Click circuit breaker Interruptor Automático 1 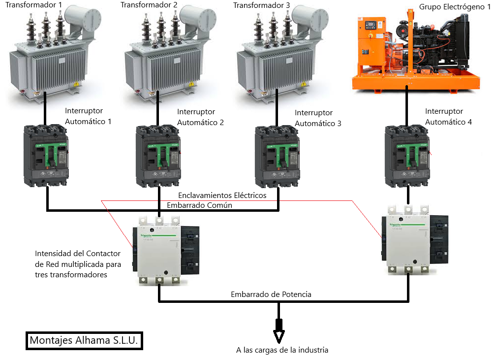(x=46, y=155)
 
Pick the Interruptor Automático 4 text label (x=448, y=117)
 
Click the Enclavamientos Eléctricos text (x=222, y=196)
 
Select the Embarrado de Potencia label (x=271, y=295)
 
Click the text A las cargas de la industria (x=282, y=350)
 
